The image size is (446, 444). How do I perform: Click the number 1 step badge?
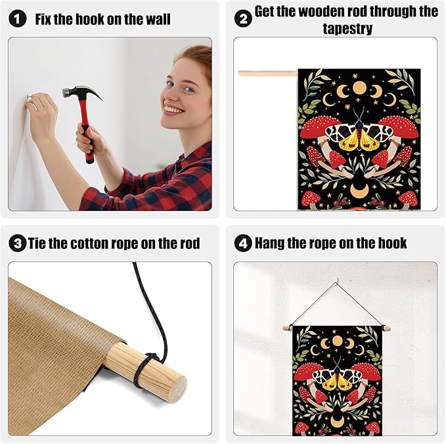tap(17, 19)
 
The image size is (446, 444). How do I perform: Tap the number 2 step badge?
tap(243, 19)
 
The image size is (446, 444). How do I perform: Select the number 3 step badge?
tap(17, 244)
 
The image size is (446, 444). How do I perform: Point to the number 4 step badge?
tap(243, 244)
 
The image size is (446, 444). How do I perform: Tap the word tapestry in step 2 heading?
tap(347, 29)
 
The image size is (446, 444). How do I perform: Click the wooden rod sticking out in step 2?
tap(268, 74)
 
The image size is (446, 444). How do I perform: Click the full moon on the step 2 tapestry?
tap(359, 89)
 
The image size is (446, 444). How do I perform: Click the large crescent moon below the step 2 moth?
tap(359, 189)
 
